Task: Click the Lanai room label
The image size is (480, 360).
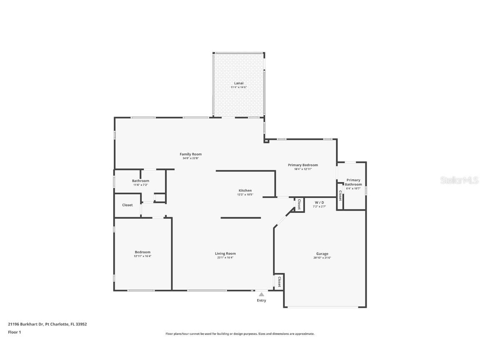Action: click(239, 83)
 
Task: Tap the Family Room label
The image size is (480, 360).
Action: click(191, 154)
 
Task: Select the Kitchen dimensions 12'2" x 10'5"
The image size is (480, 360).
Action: click(245, 195)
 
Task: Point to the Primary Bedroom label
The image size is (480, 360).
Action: click(303, 165)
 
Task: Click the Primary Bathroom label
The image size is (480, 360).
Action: click(353, 182)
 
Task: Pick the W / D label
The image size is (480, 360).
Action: click(319, 202)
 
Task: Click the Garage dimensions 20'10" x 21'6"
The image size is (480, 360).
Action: click(322, 258)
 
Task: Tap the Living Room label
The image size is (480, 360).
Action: click(225, 253)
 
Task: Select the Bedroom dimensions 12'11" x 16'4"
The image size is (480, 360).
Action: click(142, 256)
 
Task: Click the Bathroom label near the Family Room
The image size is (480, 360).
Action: click(140, 181)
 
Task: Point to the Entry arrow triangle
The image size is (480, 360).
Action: click(261, 295)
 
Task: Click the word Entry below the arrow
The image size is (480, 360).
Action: click(261, 300)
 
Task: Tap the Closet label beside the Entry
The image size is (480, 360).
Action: click(279, 282)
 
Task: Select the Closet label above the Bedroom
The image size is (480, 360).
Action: click(127, 205)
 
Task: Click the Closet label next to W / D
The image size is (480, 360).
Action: click(299, 204)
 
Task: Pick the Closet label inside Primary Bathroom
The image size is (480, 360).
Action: click(340, 196)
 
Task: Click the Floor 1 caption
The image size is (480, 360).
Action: click(14, 332)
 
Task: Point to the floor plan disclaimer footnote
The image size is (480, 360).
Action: click(240, 334)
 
